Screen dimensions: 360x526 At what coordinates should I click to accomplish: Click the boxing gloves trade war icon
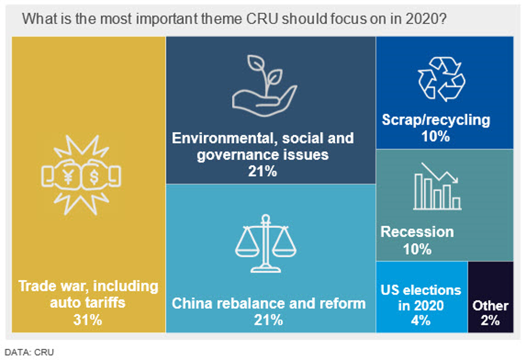pos(81,175)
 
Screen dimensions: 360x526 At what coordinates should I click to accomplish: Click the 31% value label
pos(88,320)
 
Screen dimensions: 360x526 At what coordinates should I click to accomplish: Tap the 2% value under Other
pos(490,320)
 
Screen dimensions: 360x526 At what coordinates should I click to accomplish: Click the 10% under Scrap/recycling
pos(435,136)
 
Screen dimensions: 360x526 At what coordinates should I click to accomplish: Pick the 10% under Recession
pos(417,248)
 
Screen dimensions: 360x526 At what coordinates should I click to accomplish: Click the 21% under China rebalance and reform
pos(269,320)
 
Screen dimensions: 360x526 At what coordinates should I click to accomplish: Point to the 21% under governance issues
pos(262,171)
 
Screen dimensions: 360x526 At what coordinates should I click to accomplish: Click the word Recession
pos(417,231)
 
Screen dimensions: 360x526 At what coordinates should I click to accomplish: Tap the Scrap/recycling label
pos(436,120)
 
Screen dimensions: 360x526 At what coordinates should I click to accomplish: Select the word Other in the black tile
pos(490,305)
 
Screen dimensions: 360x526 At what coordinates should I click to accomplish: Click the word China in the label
pos(193,304)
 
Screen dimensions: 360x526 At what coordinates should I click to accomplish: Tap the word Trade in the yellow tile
pos(39,287)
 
